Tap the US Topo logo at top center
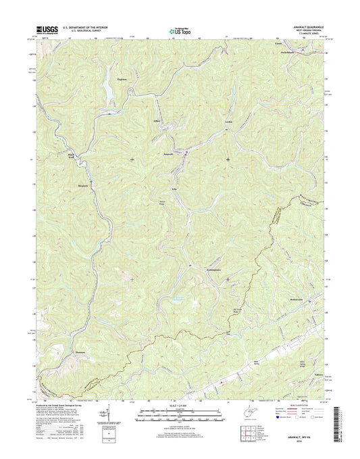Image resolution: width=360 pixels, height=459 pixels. [179, 30]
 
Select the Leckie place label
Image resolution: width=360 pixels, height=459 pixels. [228, 121]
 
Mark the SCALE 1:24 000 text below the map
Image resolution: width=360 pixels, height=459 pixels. [178, 406]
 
